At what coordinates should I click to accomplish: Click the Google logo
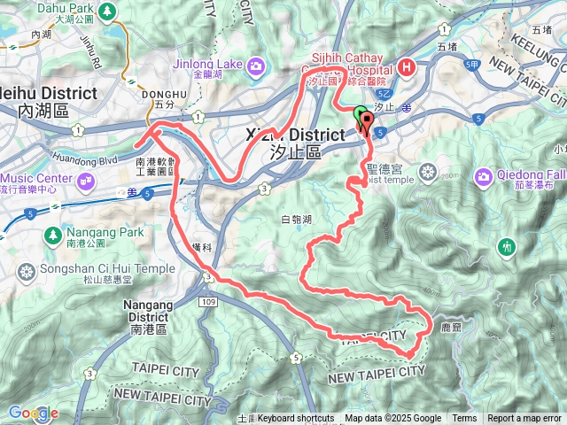point(33,413)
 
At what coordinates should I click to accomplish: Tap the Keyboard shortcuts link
point(296,419)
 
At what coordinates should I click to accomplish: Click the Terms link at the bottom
point(464,419)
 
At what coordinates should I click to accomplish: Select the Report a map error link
point(524,419)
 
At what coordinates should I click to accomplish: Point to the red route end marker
point(366,120)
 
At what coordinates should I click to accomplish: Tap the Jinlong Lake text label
point(205,65)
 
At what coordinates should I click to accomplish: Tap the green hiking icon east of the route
point(507,244)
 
